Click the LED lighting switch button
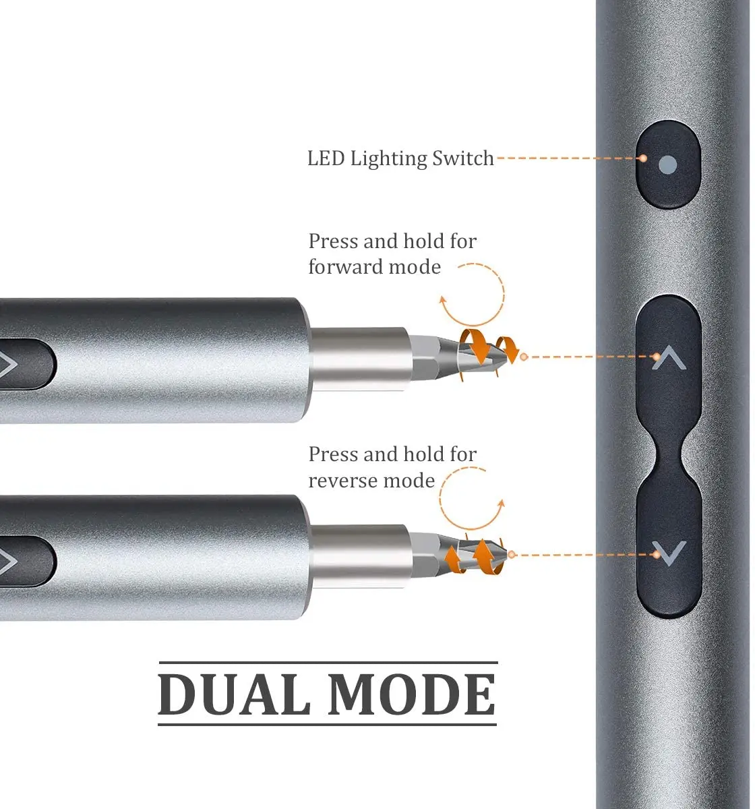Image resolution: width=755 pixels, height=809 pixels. (x=667, y=164)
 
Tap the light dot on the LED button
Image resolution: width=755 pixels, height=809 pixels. (x=667, y=165)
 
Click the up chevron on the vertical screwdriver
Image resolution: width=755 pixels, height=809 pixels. (x=669, y=357)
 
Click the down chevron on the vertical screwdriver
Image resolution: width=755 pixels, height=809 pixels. (x=669, y=553)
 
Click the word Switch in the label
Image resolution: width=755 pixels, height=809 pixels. (x=463, y=158)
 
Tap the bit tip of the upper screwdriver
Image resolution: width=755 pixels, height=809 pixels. (x=505, y=358)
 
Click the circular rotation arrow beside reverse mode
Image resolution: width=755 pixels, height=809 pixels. (x=440, y=499)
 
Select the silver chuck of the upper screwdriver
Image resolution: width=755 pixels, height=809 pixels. (x=359, y=359)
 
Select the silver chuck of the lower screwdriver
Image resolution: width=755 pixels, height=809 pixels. (x=359, y=556)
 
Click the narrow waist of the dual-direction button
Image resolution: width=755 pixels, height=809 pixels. (x=669, y=456)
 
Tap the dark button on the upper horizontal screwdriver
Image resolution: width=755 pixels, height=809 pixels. (x=25, y=364)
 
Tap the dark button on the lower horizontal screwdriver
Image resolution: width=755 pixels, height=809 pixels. (x=25, y=561)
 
